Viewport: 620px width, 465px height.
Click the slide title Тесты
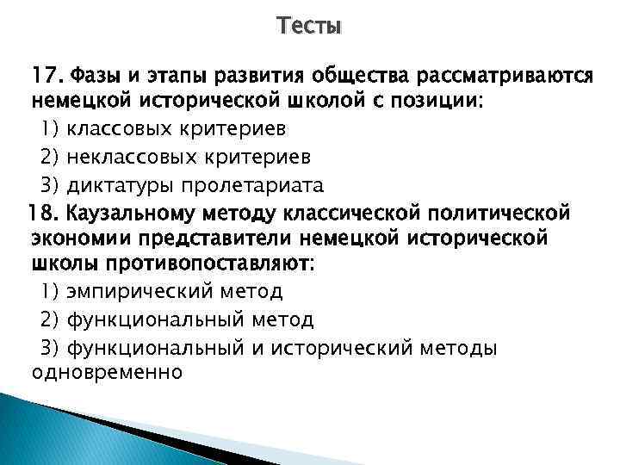(310, 27)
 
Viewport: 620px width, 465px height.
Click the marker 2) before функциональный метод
(48, 320)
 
